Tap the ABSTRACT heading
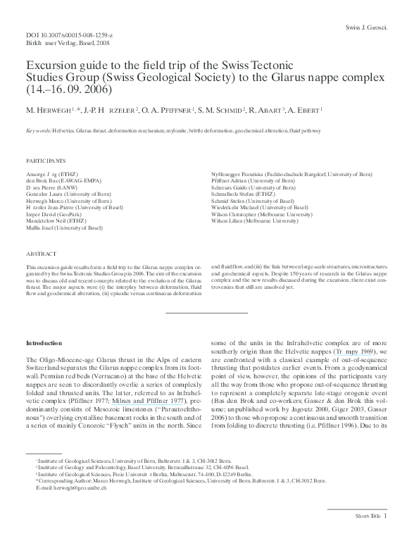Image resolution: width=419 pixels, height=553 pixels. click(x=40, y=253)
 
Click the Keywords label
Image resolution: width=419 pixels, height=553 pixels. click(x=42, y=131)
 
